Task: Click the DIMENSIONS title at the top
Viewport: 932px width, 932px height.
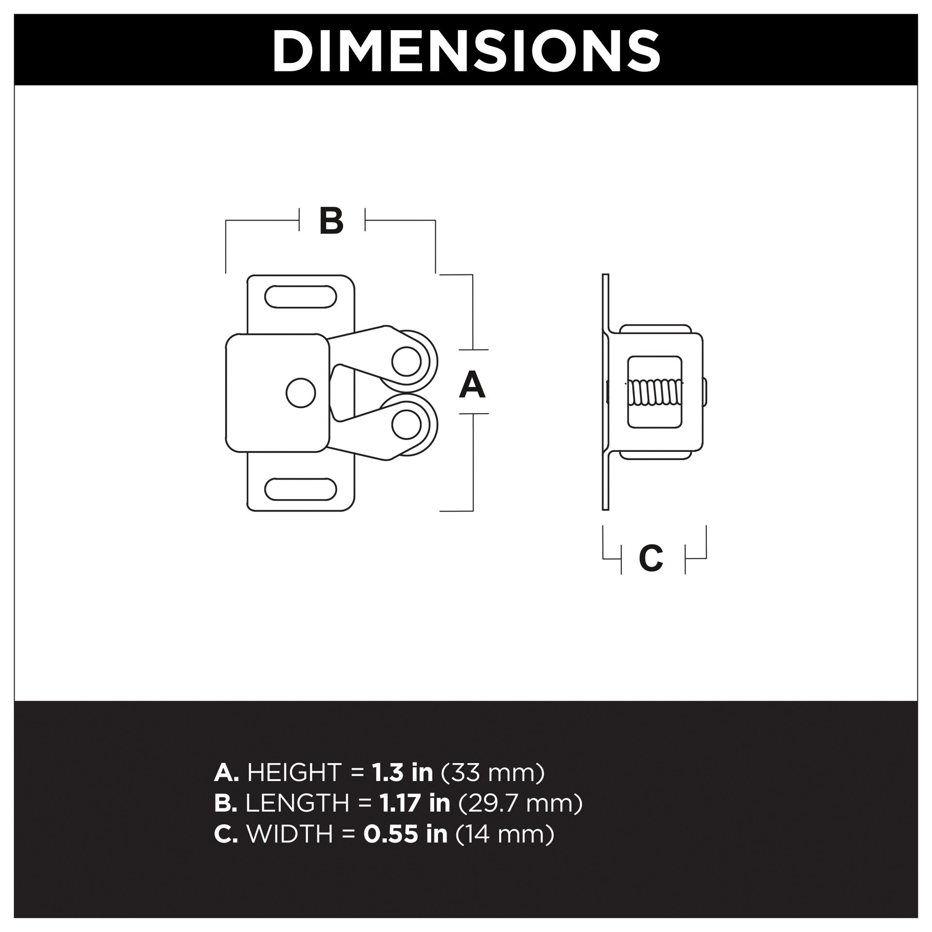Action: (x=466, y=50)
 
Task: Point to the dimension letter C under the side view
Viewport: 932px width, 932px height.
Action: (x=651, y=558)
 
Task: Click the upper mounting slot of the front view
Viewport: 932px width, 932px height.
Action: (x=300, y=297)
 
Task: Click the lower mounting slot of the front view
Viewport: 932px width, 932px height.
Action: (x=300, y=489)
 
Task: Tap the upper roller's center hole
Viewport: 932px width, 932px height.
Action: (x=406, y=362)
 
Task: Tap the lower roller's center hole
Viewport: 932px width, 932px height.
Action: (x=406, y=424)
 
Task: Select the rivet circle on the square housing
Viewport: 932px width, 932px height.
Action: (x=300, y=393)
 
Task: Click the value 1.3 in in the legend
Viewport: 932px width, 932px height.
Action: (x=402, y=772)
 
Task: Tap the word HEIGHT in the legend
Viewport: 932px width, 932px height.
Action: (x=295, y=772)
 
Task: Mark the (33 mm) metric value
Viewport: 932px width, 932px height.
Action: (x=493, y=772)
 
